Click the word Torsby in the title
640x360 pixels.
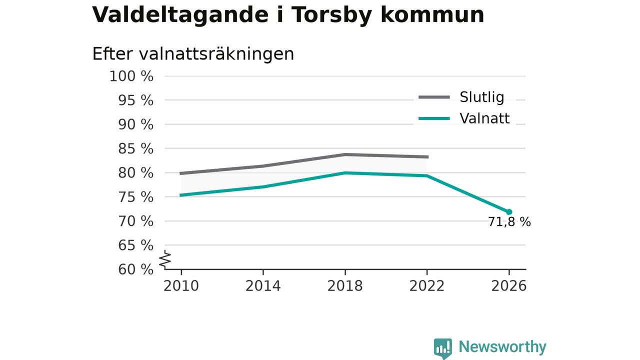331,15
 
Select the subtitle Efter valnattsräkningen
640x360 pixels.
193,53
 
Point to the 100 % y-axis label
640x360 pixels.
131,76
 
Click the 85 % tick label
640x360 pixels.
135,149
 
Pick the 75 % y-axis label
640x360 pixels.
135,197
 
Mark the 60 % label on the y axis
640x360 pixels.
135,269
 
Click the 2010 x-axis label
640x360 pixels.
181,286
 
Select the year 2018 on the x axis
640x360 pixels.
345,286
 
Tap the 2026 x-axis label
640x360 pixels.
509,286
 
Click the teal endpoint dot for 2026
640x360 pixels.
509,212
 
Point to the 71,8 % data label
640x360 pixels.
509,222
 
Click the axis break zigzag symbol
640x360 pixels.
165,259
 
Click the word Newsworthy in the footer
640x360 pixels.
502,347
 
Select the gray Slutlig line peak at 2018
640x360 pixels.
345,154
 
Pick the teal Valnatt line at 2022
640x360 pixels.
427,175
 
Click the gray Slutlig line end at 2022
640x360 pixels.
427,157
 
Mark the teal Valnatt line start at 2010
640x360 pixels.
180,195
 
